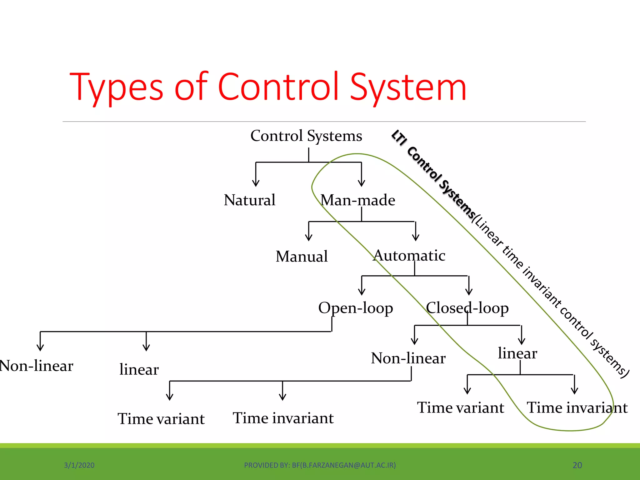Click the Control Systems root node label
coord(306,136)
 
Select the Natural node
coord(249,200)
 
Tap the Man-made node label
coord(358,200)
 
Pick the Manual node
coord(302,257)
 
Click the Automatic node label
coord(409,256)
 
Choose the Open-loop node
coord(355,308)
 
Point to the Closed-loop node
coord(467,308)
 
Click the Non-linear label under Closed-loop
coord(408,358)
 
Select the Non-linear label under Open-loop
coord(36,366)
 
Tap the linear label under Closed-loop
coord(517,353)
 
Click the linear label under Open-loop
coord(139,370)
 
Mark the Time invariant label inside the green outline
coord(577,408)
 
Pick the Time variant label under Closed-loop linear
coord(461,408)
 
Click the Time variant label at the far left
coord(161,419)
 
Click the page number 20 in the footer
coord(577,465)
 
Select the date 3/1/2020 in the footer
coord(79,465)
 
